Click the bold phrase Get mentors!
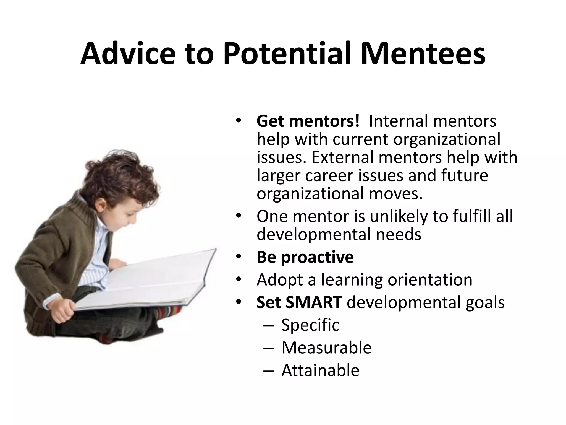click(308, 121)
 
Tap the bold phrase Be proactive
click(305, 257)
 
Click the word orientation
click(430, 280)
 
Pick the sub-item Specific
click(310, 325)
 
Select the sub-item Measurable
click(326, 348)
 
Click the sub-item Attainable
click(320, 370)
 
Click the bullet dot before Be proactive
click(239, 257)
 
